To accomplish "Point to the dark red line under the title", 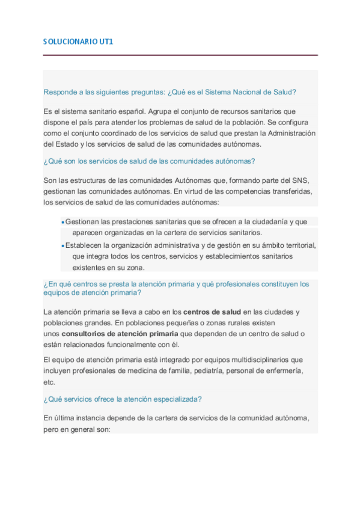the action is click(180, 55).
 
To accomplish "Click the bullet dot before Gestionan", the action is click(63, 222).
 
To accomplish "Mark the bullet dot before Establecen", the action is click(63, 245).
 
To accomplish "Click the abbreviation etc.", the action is click(49, 382).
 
